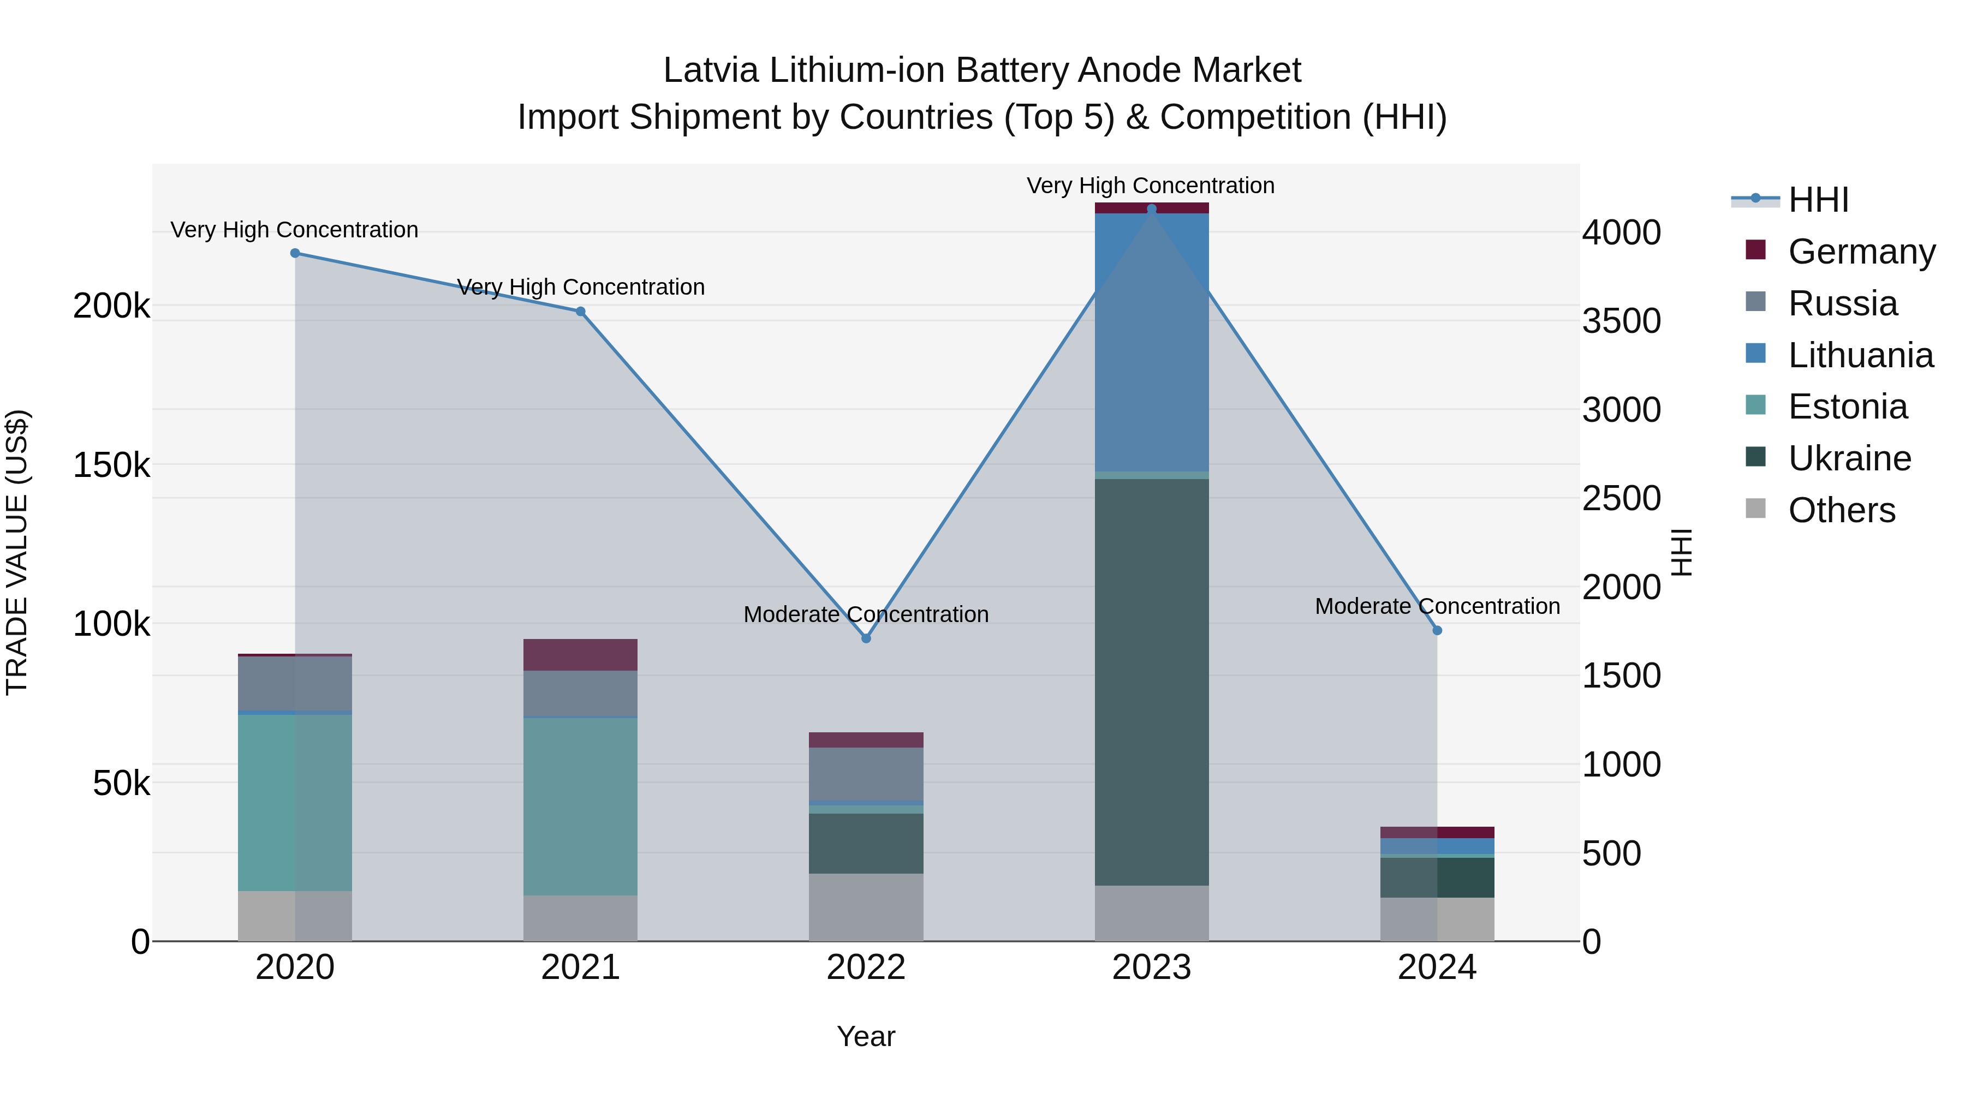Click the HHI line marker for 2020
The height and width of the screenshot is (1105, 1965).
[x=295, y=253]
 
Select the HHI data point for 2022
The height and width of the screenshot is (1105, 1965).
[x=866, y=638]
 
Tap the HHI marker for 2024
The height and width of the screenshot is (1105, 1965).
[x=1437, y=631]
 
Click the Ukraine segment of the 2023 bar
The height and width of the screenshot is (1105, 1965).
[x=1151, y=683]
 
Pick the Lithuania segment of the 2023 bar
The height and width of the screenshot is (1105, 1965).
[x=1151, y=343]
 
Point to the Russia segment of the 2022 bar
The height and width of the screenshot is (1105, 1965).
[x=866, y=774]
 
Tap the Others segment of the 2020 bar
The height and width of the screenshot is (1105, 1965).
[x=295, y=916]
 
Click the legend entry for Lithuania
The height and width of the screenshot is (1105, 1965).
[x=1860, y=355]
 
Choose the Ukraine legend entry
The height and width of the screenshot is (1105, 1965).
[x=1849, y=458]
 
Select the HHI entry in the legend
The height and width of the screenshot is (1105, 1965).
[x=1818, y=200]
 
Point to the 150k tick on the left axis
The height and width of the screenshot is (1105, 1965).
[x=111, y=465]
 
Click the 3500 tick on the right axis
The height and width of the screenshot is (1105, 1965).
[x=1621, y=321]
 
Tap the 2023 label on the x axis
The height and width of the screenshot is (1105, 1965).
[x=1151, y=967]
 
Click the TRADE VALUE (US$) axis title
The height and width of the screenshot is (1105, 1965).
[x=17, y=552]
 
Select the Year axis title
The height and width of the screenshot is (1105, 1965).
[x=866, y=1036]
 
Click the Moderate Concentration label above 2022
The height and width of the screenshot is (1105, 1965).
[x=866, y=614]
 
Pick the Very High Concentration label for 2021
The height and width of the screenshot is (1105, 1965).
[x=581, y=288]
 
